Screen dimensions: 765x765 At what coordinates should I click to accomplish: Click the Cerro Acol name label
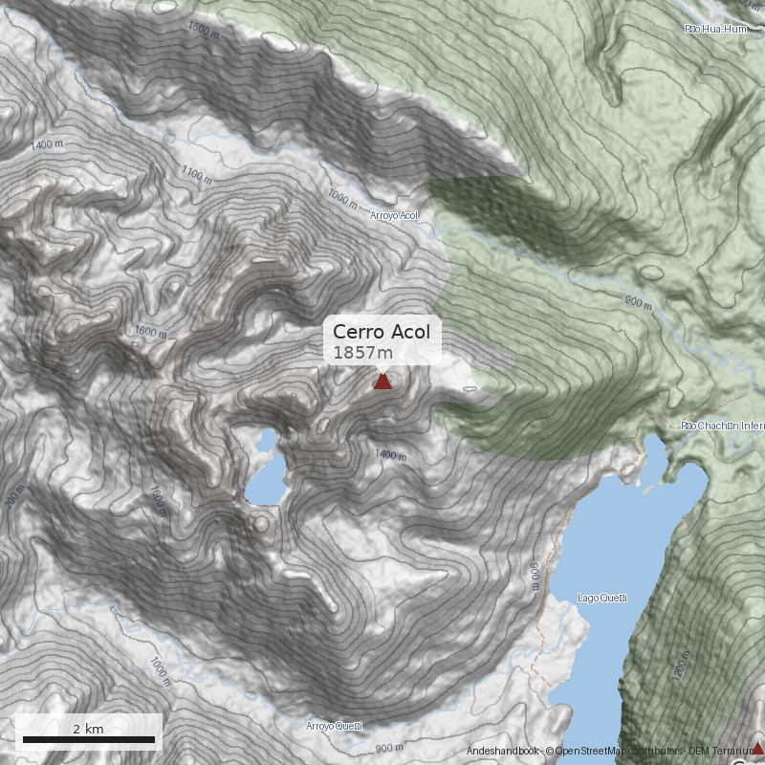(382, 332)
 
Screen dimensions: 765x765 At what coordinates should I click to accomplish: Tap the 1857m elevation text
(362, 353)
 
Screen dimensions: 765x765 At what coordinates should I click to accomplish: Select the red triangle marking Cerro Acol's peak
(382, 382)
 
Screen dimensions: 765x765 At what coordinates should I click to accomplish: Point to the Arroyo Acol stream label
(394, 216)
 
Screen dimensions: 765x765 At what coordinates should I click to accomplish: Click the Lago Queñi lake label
(601, 599)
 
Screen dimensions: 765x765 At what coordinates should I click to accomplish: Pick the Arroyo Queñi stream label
(334, 726)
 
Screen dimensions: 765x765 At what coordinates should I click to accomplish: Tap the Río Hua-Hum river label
(713, 30)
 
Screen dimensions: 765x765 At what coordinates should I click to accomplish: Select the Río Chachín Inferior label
(722, 425)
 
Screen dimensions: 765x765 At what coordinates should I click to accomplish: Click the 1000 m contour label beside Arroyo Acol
(341, 198)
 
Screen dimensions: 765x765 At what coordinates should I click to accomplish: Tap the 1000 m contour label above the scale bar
(160, 672)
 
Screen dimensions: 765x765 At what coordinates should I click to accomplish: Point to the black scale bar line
(88, 740)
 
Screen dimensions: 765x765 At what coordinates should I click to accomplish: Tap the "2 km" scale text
(88, 729)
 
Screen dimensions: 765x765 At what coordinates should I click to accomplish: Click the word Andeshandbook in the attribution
(503, 752)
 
